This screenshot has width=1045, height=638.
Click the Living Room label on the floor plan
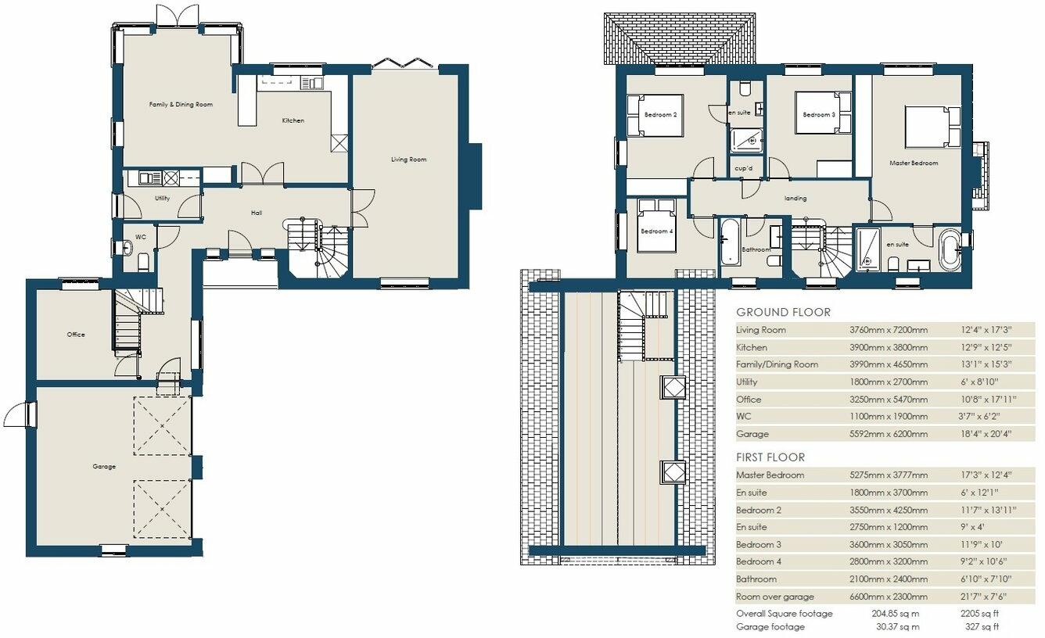pos(409,159)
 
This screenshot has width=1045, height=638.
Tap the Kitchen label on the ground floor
pos(293,120)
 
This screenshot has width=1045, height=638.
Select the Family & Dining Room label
pos(181,104)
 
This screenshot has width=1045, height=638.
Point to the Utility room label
pos(162,199)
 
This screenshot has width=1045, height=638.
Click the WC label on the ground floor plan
pos(140,236)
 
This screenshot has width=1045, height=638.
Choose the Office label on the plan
pos(75,335)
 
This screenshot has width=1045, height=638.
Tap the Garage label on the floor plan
pos(104,467)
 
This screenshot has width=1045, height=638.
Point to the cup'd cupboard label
pos(743,168)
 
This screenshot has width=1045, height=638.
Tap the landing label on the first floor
pos(795,199)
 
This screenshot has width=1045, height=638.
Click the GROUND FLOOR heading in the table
pos(783,312)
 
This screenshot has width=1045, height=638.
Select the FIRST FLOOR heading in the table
pos(770,457)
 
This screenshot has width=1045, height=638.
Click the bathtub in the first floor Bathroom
pos(728,242)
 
